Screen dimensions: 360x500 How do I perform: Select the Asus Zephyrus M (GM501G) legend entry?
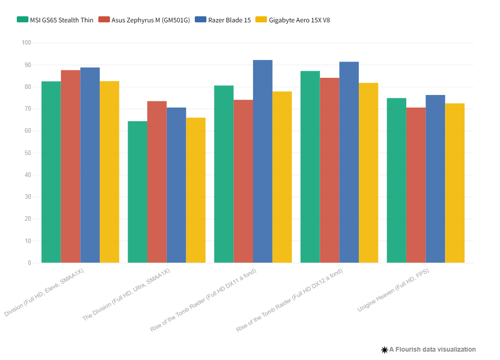tap(144, 20)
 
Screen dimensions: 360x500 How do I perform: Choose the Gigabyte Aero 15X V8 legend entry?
tap(293, 20)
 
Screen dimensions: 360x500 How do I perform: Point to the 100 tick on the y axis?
tap(26, 43)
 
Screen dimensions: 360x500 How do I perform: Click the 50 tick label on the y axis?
tap(27, 153)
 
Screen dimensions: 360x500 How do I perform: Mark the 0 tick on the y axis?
tap(29, 263)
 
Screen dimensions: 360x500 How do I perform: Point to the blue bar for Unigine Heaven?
tap(435, 179)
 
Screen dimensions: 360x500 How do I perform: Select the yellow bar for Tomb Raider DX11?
tap(282, 177)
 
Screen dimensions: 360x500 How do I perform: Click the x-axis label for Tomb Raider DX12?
tap(289, 300)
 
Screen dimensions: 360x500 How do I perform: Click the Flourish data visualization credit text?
tap(433, 349)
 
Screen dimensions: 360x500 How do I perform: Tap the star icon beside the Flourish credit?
tap(384, 350)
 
